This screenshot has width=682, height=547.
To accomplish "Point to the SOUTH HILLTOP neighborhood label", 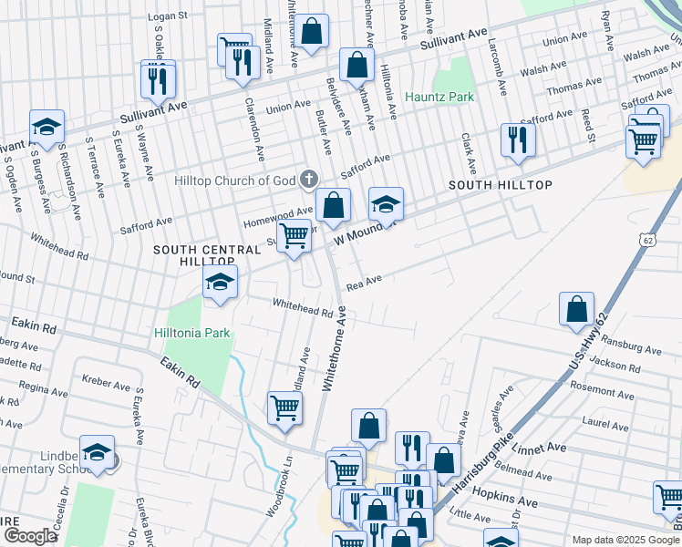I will [x=501, y=185].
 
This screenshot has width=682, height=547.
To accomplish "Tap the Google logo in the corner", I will [x=30, y=536].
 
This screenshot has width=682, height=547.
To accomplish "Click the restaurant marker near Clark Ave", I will [x=518, y=139].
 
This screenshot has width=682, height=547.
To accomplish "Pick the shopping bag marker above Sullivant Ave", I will [x=311, y=30].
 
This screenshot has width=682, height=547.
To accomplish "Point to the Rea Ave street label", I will [x=362, y=285].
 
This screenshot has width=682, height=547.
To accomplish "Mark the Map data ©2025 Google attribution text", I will [x=625, y=540].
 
